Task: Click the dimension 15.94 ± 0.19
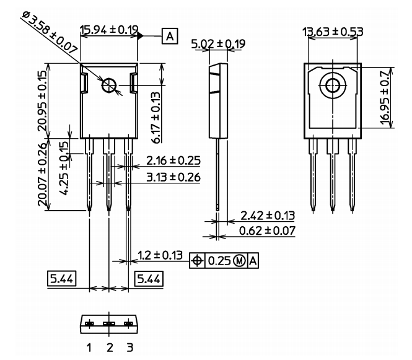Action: pos(109,30)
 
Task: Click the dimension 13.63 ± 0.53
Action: pos(332,32)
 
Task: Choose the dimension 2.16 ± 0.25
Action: pos(173,161)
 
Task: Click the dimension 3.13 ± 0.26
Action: pos(173,178)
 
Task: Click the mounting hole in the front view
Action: pos(110,86)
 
